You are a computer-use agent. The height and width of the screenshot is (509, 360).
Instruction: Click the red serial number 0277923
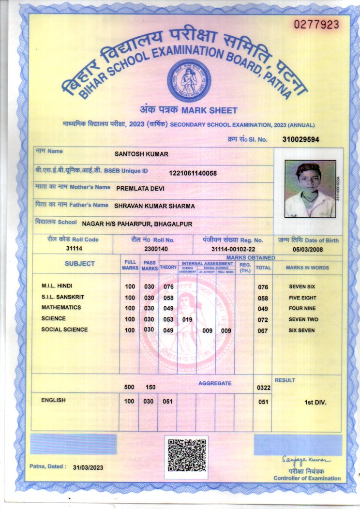coord(316,24)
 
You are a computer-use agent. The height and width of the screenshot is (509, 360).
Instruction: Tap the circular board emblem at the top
coord(189,80)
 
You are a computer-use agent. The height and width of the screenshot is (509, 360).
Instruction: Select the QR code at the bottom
coord(186,455)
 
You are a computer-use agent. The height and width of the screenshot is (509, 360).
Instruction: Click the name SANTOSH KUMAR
coord(141,154)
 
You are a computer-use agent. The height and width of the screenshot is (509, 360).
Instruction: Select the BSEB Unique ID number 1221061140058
coord(193,173)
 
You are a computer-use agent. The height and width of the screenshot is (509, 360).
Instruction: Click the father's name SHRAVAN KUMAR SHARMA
coord(154,206)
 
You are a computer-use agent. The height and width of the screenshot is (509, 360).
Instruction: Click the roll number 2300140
coord(156,249)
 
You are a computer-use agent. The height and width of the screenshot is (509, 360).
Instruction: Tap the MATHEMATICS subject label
coord(61,308)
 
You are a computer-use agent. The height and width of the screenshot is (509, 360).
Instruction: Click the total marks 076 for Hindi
coord(263,287)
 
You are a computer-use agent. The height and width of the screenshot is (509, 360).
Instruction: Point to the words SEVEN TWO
coord(303,320)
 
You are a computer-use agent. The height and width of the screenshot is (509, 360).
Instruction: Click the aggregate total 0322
coord(263,388)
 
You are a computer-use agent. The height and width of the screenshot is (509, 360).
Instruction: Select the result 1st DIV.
coord(315,402)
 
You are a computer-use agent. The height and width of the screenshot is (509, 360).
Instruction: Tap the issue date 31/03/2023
coord(88,467)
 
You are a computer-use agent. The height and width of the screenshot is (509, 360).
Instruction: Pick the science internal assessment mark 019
coord(187,319)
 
